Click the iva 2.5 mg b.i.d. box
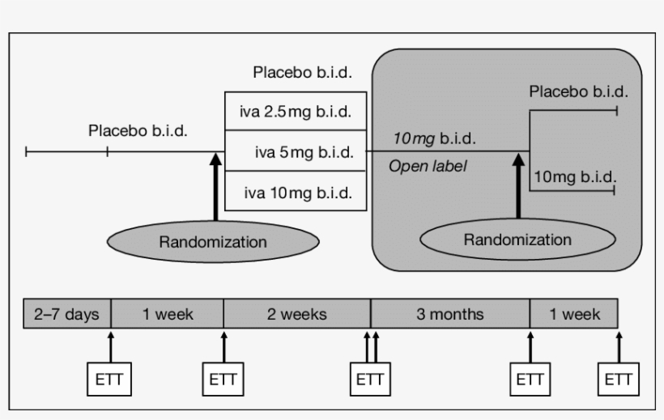click(296, 112)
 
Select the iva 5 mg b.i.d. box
click(296, 151)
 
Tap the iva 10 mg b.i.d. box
click(296, 192)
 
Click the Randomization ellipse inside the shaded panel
click(517, 240)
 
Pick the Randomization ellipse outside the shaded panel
click(213, 241)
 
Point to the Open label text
click(428, 166)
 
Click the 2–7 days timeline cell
click(66, 313)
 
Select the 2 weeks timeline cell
click(296, 313)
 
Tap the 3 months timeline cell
click(449, 313)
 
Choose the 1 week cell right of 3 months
click(574, 313)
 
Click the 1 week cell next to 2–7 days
click(167, 313)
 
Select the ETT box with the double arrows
click(370, 380)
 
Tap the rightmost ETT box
click(619, 380)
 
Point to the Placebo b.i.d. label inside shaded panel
click(578, 91)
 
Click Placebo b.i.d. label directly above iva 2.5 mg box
click(302, 72)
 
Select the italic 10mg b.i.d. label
click(434, 138)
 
